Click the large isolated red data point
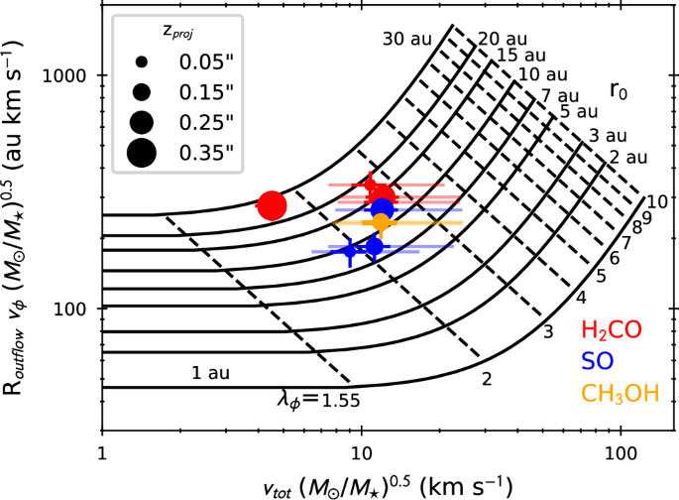coord(272,205)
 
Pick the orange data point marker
coord(381,224)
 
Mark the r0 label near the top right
coord(618,93)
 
